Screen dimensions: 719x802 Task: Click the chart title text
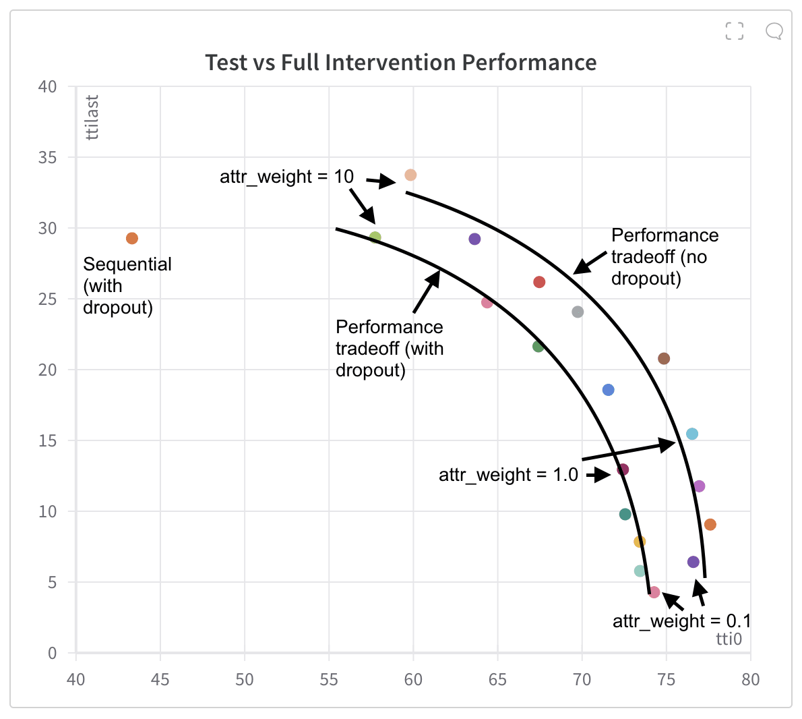click(400, 63)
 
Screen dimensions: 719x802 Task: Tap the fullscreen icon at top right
click(734, 31)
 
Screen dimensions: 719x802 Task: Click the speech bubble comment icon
click(774, 31)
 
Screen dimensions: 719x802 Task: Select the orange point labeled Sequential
click(132, 238)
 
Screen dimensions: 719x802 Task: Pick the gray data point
click(578, 312)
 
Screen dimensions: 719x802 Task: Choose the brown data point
click(664, 358)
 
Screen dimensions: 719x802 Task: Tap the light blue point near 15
click(691, 434)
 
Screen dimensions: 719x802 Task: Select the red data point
click(539, 282)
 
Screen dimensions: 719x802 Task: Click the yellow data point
click(640, 542)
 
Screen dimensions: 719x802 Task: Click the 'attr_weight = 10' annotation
click(286, 177)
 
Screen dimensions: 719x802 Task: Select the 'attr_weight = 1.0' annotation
click(508, 475)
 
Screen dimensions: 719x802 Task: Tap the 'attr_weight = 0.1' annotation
click(681, 621)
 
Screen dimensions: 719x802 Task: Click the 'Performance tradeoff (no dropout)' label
click(664, 257)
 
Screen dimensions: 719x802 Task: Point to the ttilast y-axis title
click(92, 117)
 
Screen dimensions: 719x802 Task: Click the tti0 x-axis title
click(729, 639)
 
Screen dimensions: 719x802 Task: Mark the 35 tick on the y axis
click(48, 157)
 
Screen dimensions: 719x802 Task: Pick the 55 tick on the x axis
click(329, 679)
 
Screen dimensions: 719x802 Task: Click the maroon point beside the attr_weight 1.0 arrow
click(623, 469)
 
